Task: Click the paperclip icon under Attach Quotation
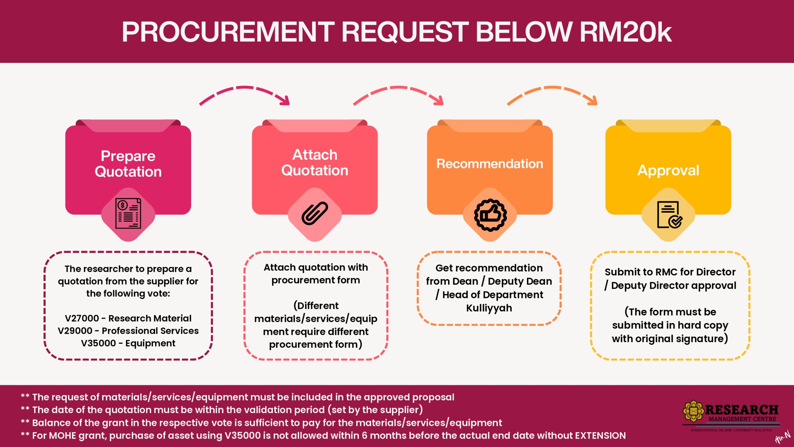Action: tap(314, 214)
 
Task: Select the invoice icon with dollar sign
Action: tap(128, 214)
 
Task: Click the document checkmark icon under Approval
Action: tap(669, 215)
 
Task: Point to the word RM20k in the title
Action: tap(625, 32)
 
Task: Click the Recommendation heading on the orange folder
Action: tap(490, 164)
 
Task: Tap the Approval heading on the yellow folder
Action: tap(668, 170)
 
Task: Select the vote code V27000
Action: tap(82, 318)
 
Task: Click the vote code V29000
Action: tap(75, 331)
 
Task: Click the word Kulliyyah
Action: tap(489, 308)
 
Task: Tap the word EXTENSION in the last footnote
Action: tap(600, 436)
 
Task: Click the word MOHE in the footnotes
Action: tap(62, 436)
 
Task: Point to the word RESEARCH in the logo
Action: tap(742, 410)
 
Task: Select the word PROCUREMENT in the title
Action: tap(228, 32)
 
